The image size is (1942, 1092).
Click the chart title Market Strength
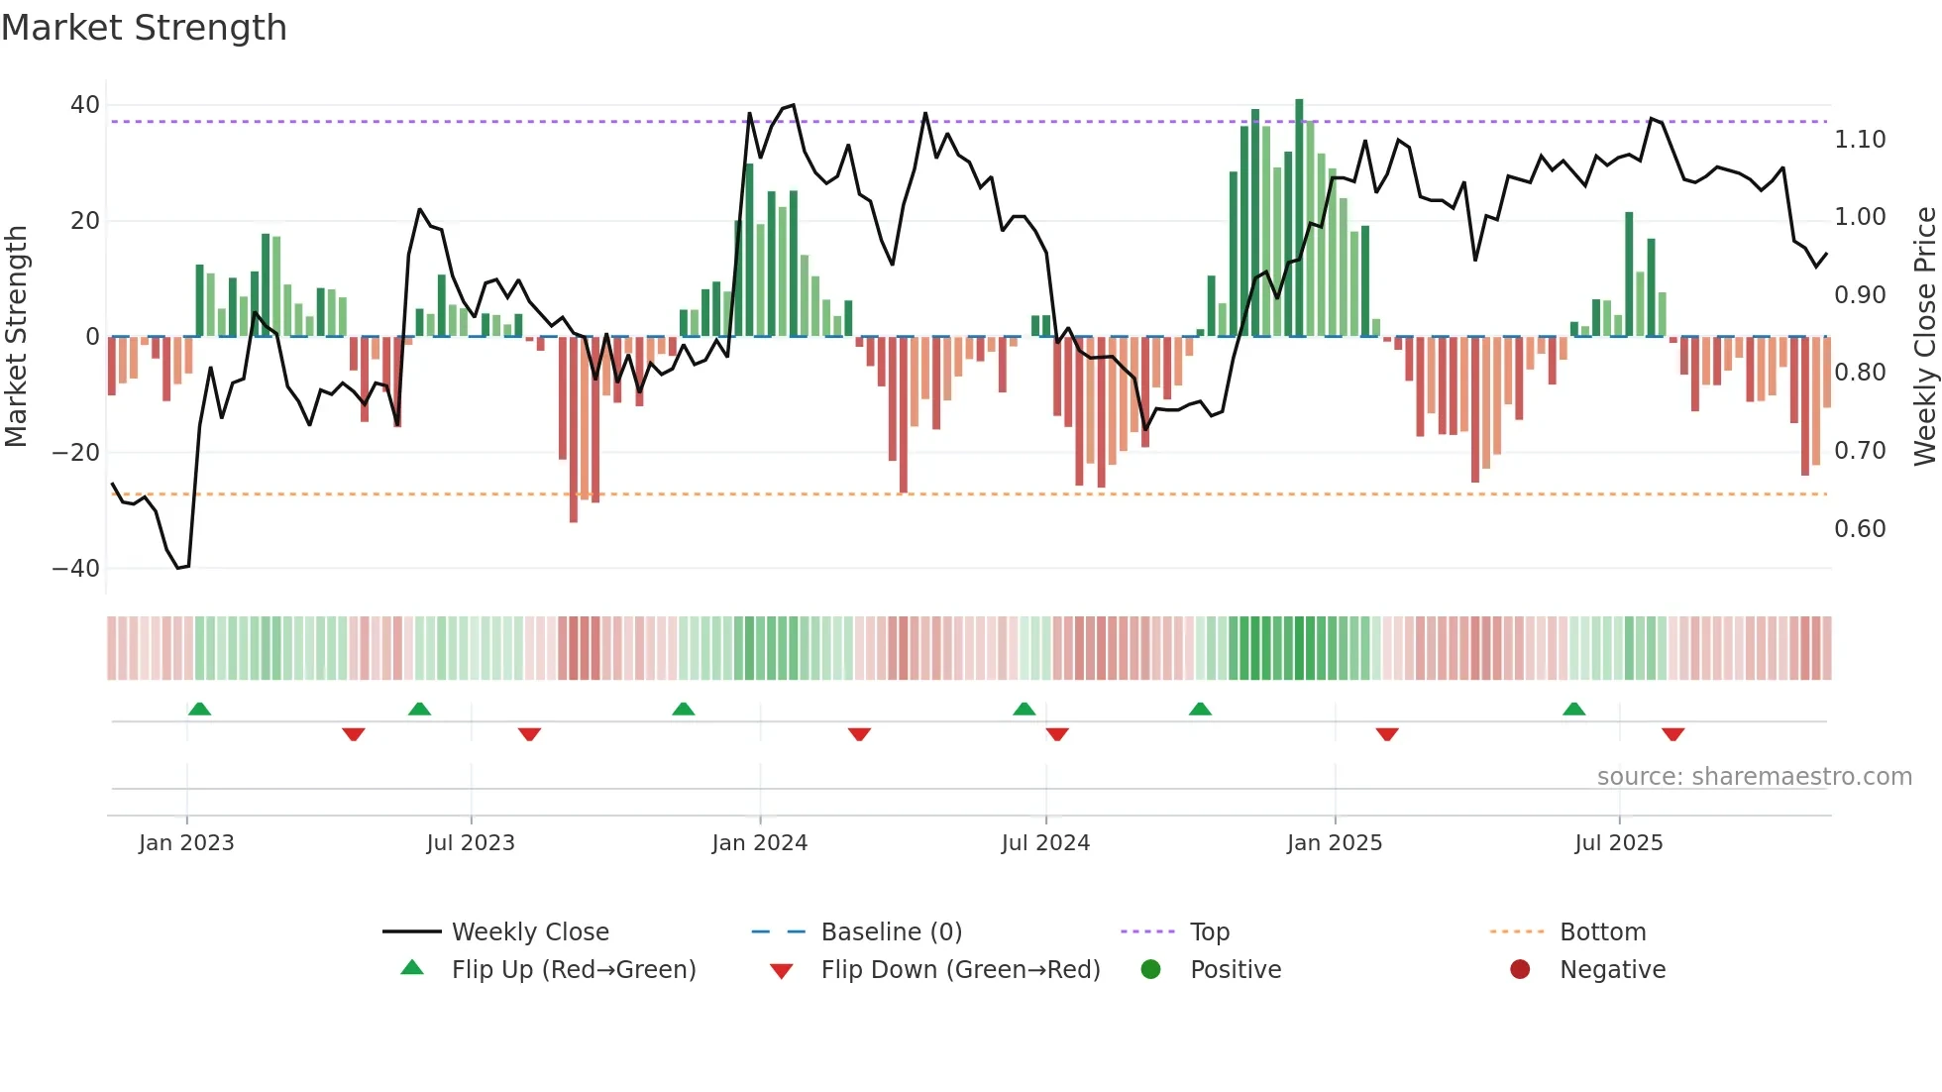pos(144,28)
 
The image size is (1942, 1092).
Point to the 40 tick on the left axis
pos(85,105)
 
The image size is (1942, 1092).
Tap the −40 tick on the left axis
pos(76,569)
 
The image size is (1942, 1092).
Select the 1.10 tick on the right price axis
pos(1860,140)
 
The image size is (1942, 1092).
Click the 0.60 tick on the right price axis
pos(1860,529)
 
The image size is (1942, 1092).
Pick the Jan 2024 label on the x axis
pos(759,843)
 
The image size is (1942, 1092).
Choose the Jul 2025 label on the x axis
pos(1618,843)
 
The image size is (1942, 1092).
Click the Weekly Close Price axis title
pos(1924,337)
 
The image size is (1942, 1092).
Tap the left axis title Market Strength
pos(16,337)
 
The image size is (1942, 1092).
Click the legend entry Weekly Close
pos(529,932)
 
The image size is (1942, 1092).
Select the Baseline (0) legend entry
pos(891,932)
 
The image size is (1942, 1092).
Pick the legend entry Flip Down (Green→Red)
pos(959,970)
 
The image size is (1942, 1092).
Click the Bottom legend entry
pos(1602,932)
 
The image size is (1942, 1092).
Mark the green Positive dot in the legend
pos(1150,970)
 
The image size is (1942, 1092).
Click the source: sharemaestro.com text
pos(1754,777)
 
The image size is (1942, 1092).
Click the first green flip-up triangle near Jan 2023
pos(199,710)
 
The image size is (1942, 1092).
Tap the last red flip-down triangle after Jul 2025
pos(1672,734)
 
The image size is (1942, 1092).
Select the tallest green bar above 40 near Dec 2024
pos(1299,218)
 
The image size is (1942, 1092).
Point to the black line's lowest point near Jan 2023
pos(178,568)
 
